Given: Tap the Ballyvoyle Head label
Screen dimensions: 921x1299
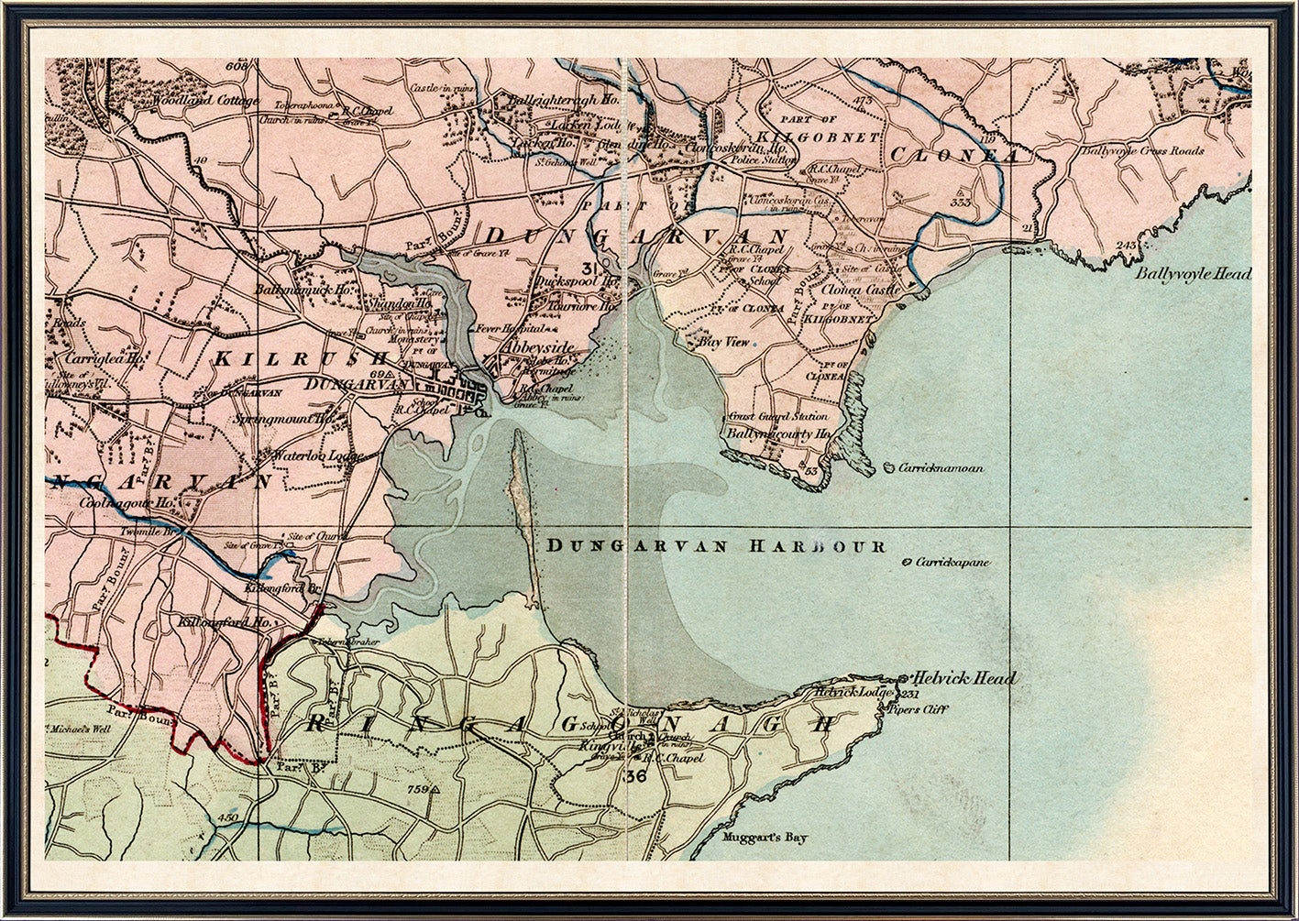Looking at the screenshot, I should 1192,273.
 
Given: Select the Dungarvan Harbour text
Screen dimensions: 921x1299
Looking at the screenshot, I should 715,546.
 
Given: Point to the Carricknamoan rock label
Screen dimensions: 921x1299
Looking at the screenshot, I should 941,467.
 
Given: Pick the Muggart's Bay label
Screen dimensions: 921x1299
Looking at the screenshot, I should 765,838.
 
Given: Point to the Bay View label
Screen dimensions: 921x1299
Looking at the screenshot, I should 723,342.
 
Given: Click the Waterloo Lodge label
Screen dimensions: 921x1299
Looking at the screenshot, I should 316,455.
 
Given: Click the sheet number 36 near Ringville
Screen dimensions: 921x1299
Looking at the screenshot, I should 633,776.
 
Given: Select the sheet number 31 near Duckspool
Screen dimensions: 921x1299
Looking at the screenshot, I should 591,268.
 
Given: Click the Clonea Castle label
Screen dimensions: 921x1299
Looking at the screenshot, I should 862,288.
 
